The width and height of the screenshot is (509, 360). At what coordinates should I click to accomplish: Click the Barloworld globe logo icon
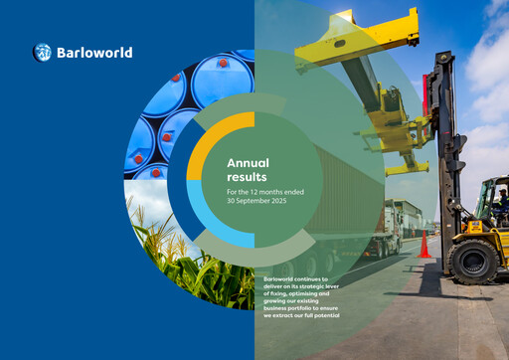tap(43, 53)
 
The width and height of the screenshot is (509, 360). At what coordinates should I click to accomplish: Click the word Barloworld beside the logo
tap(94, 53)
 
